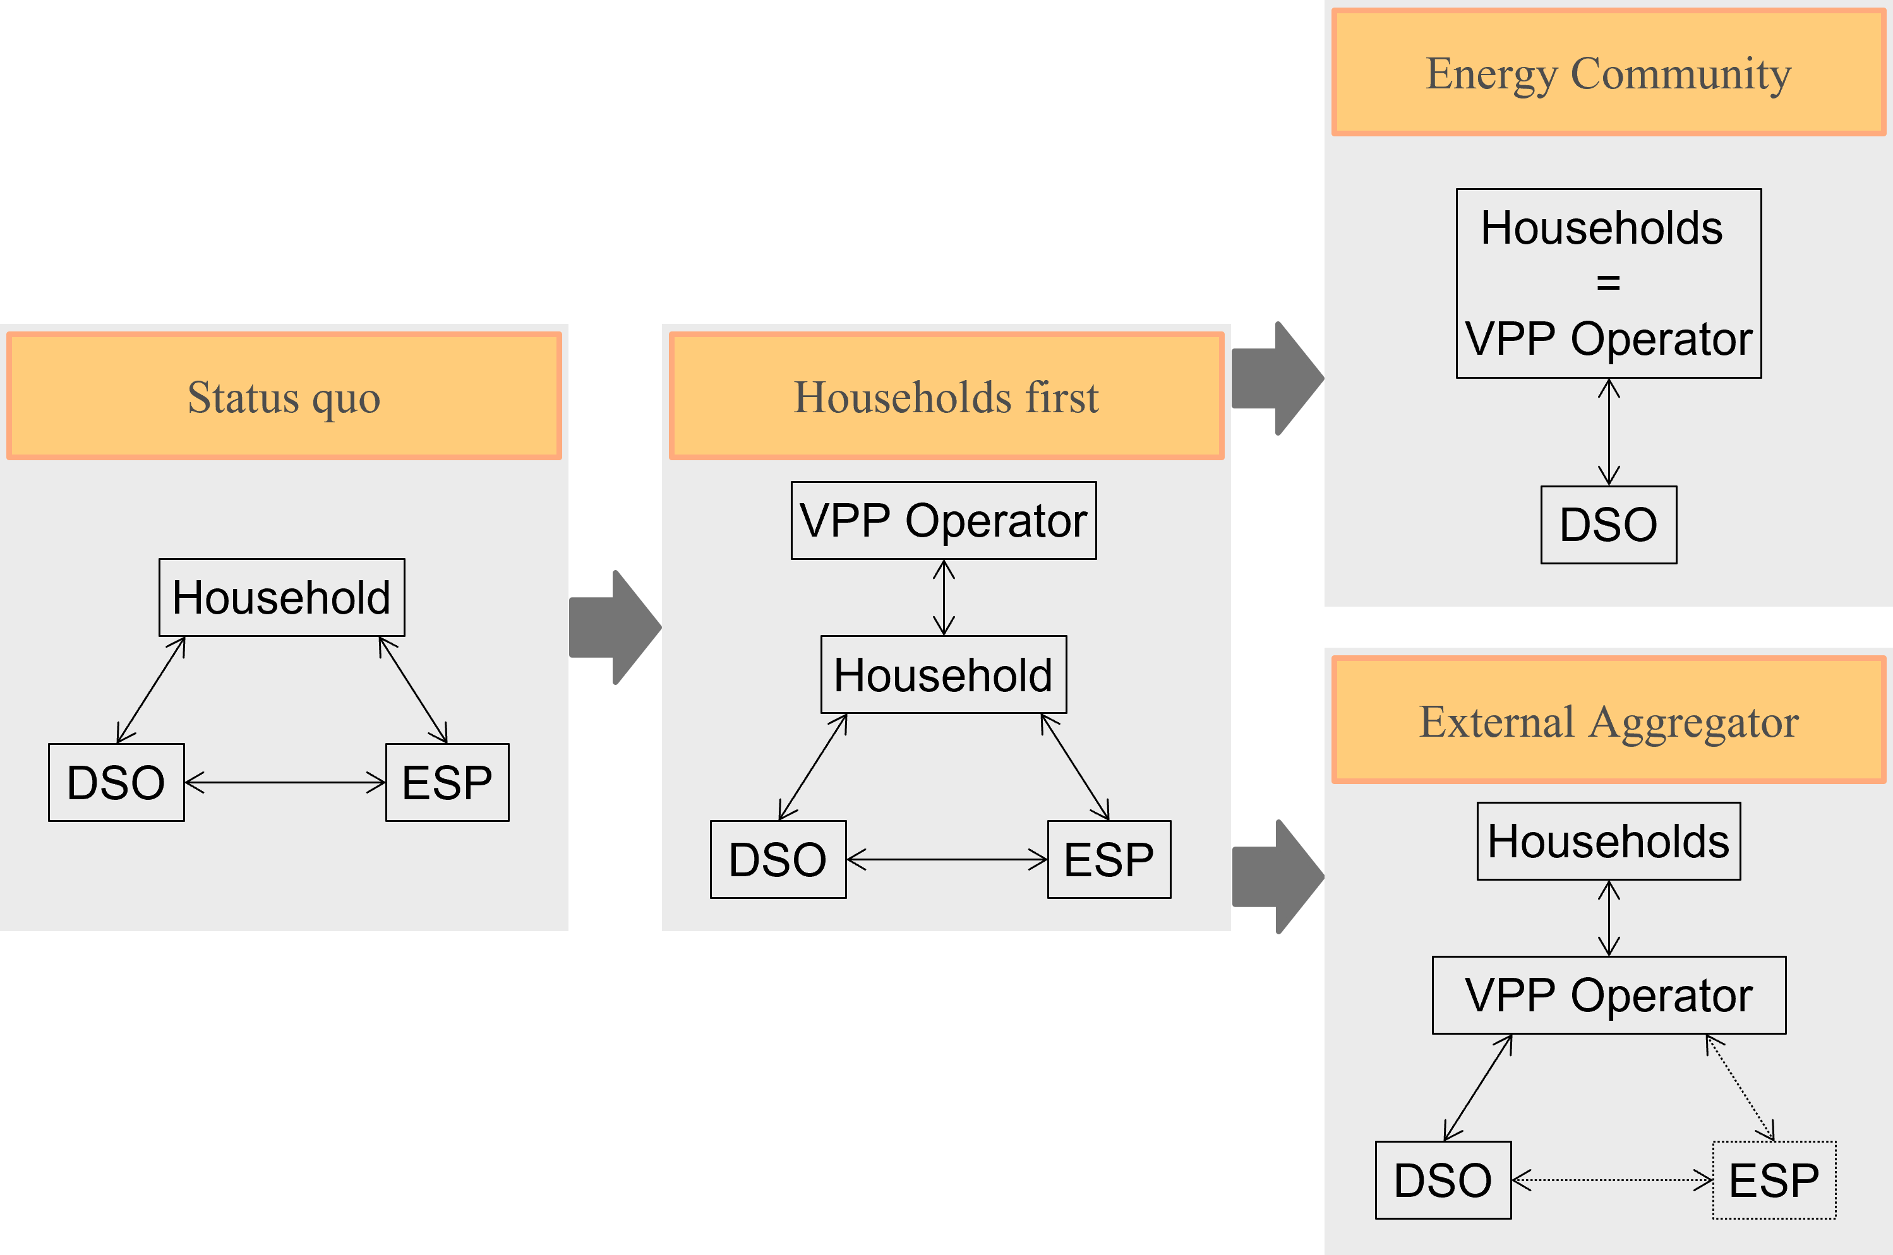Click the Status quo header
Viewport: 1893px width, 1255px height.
(x=284, y=396)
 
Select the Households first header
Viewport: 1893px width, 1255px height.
(x=946, y=396)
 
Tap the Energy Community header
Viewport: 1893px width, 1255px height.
(x=1609, y=72)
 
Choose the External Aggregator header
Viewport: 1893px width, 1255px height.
(x=1609, y=720)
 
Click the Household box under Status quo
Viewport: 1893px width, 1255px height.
(x=282, y=597)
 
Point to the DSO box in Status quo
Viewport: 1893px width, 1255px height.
(x=116, y=782)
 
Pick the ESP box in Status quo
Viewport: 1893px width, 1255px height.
(x=447, y=782)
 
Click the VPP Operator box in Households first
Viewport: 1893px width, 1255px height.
(x=943, y=520)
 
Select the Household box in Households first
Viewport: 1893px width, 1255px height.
(x=943, y=674)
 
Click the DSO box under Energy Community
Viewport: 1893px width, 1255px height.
(x=1609, y=524)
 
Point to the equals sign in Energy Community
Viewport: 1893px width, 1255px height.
(x=1608, y=282)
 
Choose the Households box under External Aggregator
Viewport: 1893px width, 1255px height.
(x=1609, y=842)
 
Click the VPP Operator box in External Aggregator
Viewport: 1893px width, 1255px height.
(x=1609, y=995)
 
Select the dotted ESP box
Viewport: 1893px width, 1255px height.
(x=1774, y=1180)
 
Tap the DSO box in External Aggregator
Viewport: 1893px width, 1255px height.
(x=1443, y=1180)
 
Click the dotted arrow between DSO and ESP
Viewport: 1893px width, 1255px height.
(x=1612, y=1180)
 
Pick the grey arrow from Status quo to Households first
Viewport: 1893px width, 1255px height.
(x=615, y=627)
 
